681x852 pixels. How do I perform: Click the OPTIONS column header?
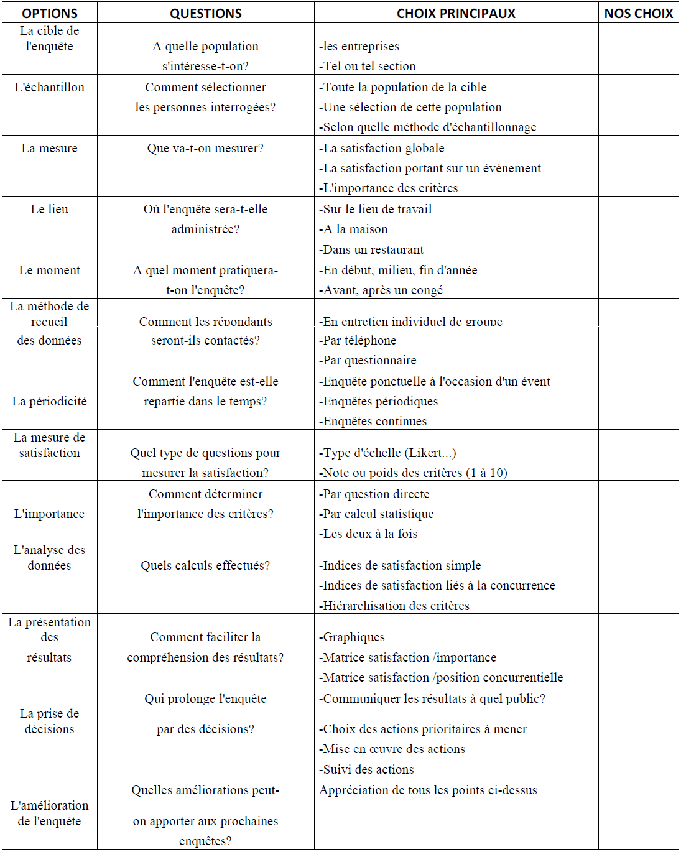[x=50, y=13]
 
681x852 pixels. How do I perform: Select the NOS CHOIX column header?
[x=639, y=13]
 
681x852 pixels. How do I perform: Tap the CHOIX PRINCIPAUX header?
[x=456, y=13]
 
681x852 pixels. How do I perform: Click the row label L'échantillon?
[x=50, y=87]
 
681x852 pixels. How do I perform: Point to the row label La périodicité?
[x=50, y=401]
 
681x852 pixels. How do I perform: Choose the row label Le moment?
[x=50, y=270]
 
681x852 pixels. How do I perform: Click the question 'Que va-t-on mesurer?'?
[x=205, y=148]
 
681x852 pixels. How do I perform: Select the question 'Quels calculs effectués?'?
[x=205, y=565]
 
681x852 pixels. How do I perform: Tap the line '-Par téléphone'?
[x=358, y=340]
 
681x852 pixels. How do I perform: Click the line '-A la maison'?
[x=353, y=229]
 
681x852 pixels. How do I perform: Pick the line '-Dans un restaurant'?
[x=371, y=249]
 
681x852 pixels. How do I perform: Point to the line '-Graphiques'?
[x=352, y=637]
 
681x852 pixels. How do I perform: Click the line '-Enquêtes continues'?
[x=373, y=421]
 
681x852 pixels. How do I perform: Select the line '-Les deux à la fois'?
[x=368, y=534]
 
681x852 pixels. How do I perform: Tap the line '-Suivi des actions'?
[x=367, y=769]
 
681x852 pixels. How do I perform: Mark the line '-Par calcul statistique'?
[x=376, y=514]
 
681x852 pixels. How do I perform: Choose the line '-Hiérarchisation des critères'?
[x=394, y=606]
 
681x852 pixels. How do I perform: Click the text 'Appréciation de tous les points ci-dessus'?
[x=428, y=790]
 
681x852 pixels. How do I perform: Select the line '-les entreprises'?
[x=359, y=46]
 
